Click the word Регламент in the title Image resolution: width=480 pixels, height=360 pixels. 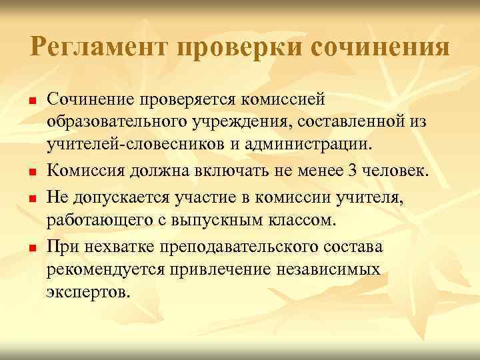point(99,47)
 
